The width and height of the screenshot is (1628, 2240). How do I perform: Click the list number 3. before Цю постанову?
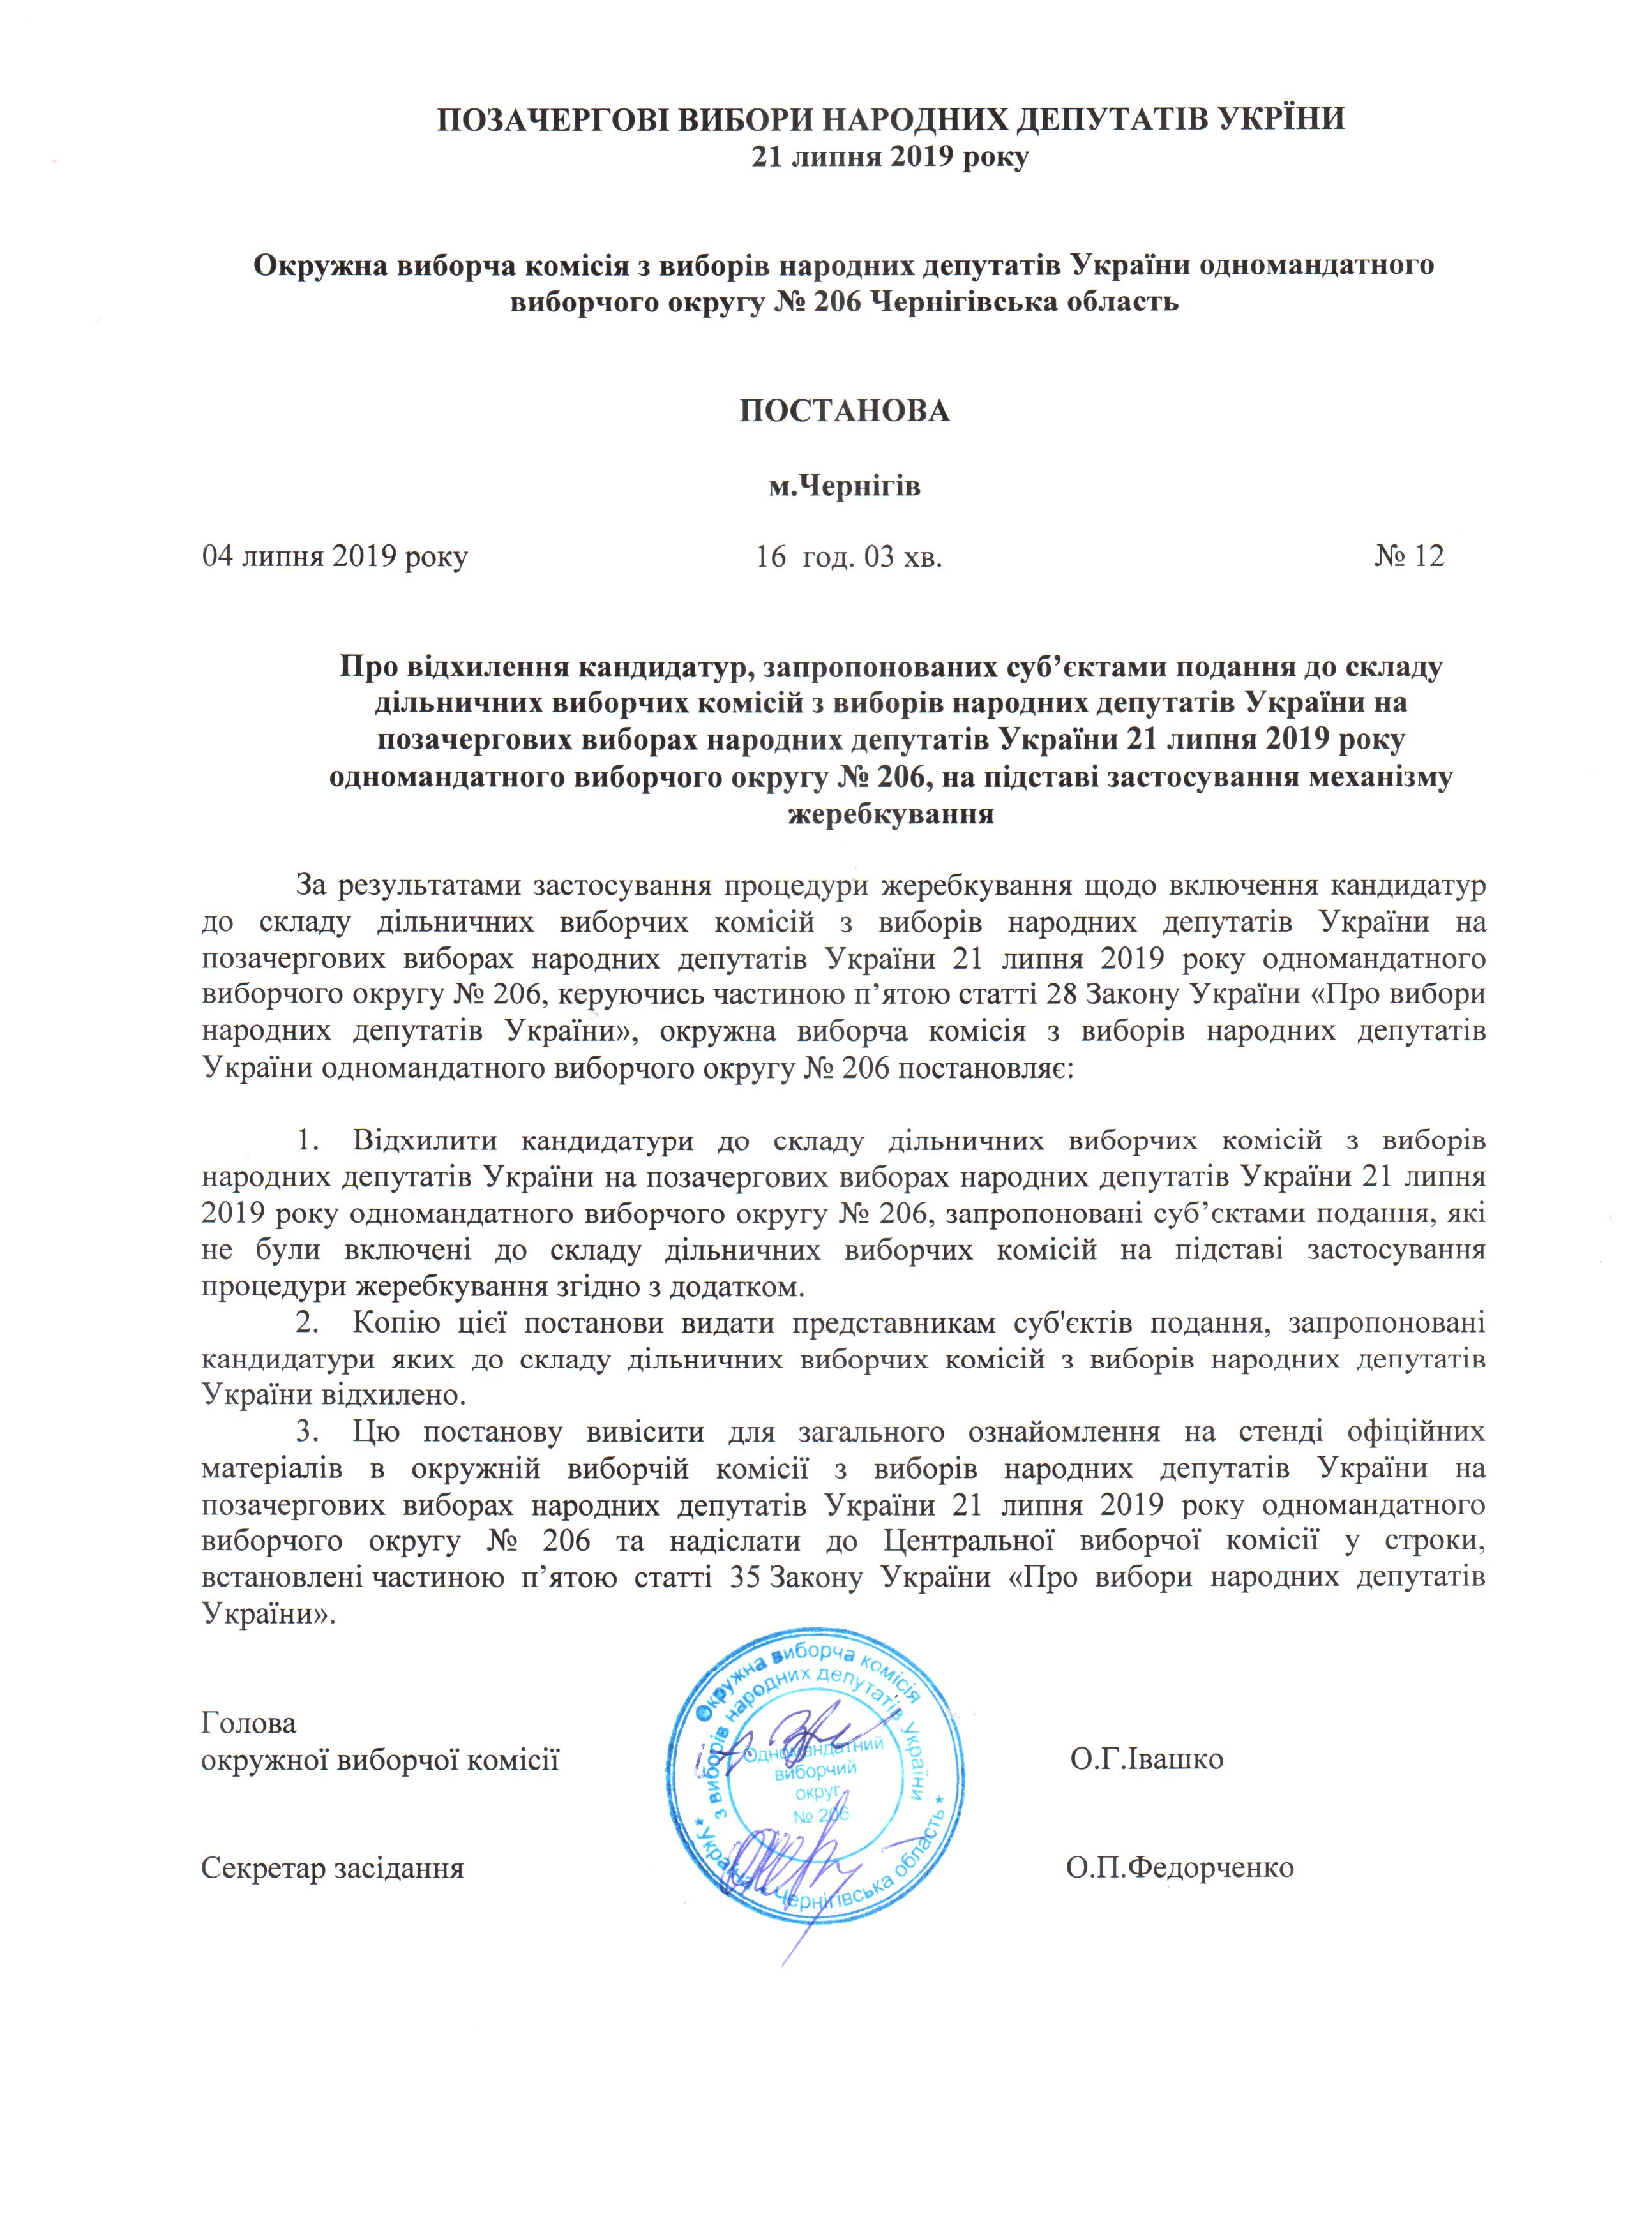pos(309,1433)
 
